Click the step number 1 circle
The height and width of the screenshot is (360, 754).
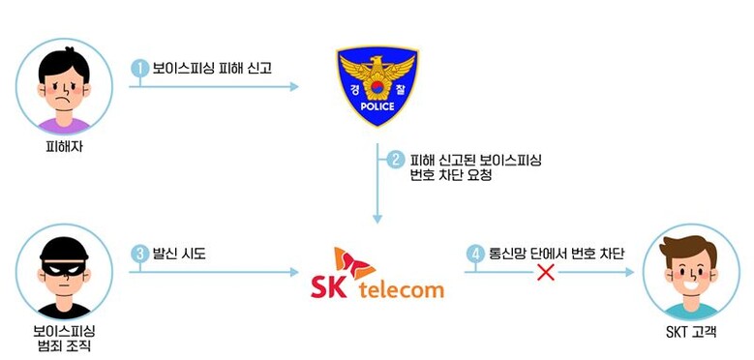coord(140,69)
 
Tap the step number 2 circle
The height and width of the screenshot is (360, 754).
coord(396,160)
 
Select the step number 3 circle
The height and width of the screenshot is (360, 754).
coord(140,255)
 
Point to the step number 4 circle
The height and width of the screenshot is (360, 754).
coord(475,255)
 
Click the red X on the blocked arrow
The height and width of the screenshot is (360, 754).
coord(546,272)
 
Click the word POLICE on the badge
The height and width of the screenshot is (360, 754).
coord(377,106)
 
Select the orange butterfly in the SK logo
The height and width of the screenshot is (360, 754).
coord(354,263)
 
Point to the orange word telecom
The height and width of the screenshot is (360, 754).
coord(401,289)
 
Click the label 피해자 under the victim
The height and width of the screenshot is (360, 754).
coord(64,146)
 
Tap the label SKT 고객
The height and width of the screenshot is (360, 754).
coord(691,332)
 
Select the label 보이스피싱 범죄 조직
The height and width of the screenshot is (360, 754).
coord(64,339)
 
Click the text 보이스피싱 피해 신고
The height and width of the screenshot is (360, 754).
coord(212,69)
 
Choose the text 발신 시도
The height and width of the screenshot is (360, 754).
coord(179,254)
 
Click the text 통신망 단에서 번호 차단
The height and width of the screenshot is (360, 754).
coord(556,254)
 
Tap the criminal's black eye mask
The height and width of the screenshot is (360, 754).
coord(64,267)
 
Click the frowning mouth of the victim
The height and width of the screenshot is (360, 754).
coord(64,103)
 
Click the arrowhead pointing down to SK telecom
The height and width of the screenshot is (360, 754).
coord(377,219)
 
